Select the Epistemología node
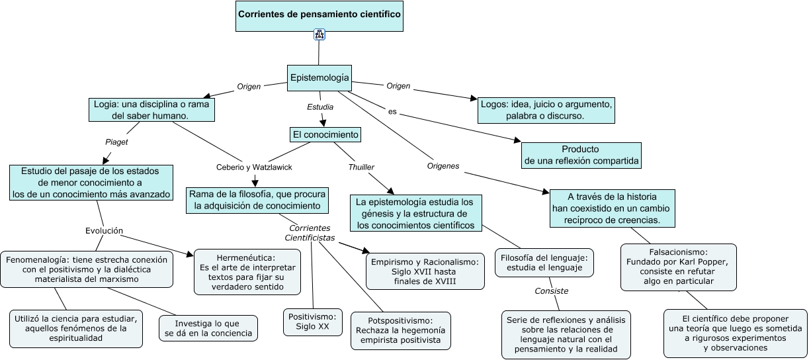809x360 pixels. pyautogui.click(x=319, y=78)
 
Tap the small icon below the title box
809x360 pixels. pyautogui.click(x=319, y=35)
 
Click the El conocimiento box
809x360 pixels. pyautogui.click(x=325, y=135)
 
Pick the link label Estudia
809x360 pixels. pyautogui.click(x=320, y=106)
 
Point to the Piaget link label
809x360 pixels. pyautogui.click(x=116, y=142)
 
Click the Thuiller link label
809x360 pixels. pyautogui.click(x=361, y=167)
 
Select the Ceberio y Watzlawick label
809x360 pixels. pyautogui.click(x=254, y=167)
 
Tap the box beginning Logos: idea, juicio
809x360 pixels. pyautogui.click(x=546, y=111)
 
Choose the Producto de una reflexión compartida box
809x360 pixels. pyautogui.click(x=581, y=155)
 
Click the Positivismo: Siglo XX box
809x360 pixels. pyautogui.click(x=313, y=322)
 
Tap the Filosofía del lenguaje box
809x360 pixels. pyautogui.click(x=544, y=262)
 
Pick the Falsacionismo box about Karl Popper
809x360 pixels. pyautogui.click(x=678, y=267)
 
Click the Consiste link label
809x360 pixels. pyautogui.click(x=552, y=291)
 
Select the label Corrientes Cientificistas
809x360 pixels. pyautogui.click(x=310, y=232)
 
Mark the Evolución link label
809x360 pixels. pyautogui.click(x=104, y=231)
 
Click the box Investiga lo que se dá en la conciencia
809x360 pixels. pyautogui.click(x=208, y=328)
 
